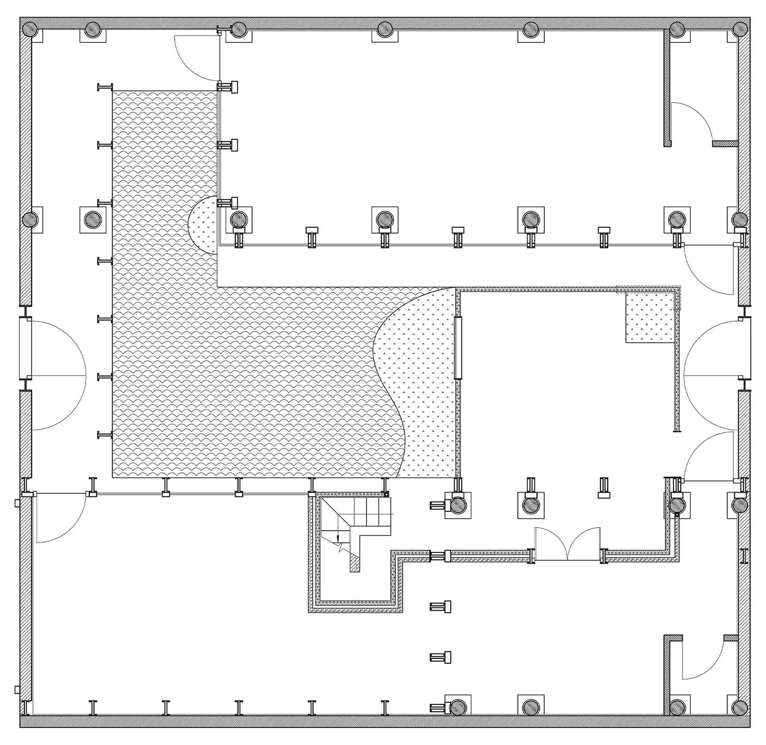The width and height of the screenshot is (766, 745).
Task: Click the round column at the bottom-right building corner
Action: pyautogui.click(x=739, y=707)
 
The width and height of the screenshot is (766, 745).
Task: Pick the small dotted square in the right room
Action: pyautogui.click(x=650, y=317)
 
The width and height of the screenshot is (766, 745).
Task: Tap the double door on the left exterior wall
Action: pyautogui.click(x=54, y=375)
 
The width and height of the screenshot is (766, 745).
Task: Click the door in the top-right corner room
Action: pyautogui.click(x=692, y=122)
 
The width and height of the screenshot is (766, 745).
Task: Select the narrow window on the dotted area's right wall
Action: pyautogui.click(x=458, y=347)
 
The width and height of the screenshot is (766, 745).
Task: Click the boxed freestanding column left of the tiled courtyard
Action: pyautogui.click(x=93, y=219)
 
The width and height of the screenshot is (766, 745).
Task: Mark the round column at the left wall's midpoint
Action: pyautogui.click(x=30, y=219)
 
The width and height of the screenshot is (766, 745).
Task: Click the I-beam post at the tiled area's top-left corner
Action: pyautogui.click(x=105, y=87)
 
